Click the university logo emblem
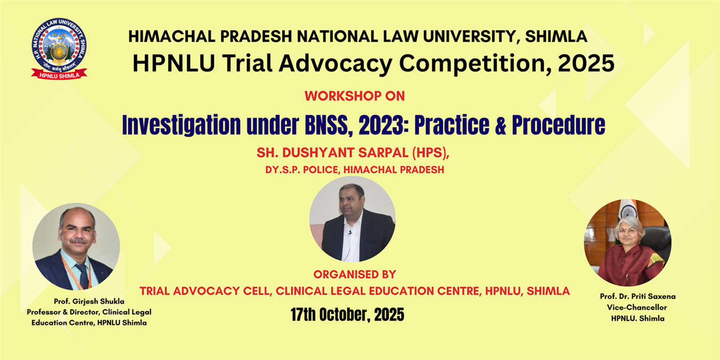point(59,49)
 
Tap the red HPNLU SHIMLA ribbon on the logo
point(59,75)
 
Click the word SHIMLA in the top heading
point(556,36)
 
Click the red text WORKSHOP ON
point(355,96)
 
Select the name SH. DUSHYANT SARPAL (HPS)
point(353,153)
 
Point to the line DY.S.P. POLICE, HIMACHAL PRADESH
point(355,170)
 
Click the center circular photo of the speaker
point(353,219)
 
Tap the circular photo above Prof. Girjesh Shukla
point(76,246)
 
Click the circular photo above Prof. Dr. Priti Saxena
point(627,243)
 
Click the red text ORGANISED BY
point(355,275)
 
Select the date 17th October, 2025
point(347,314)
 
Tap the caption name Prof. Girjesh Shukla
point(89,301)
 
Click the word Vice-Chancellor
point(637,308)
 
